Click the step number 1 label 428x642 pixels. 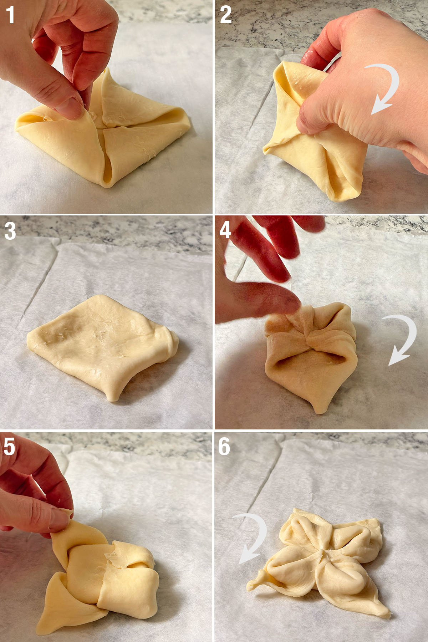click(x=10, y=15)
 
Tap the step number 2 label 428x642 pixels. click(x=225, y=15)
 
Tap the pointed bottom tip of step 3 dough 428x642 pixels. click(x=113, y=398)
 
